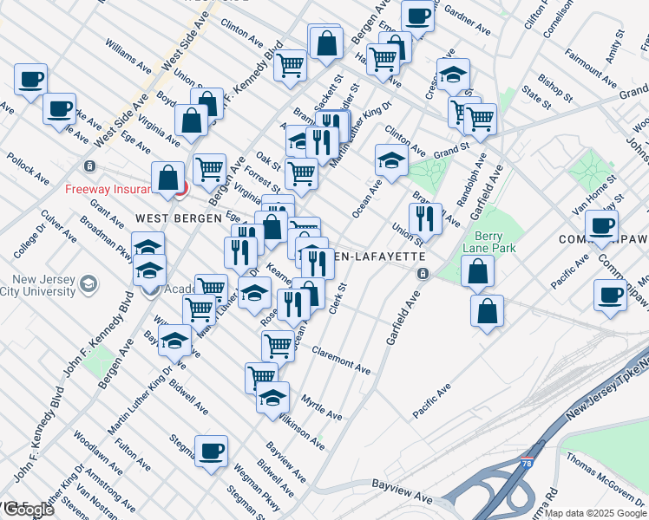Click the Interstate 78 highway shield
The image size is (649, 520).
click(x=528, y=464)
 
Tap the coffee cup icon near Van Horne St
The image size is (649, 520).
click(x=600, y=226)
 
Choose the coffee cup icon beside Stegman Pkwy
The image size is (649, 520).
click(x=211, y=451)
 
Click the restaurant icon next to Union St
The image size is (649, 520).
click(x=424, y=218)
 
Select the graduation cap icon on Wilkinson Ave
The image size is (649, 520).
click(x=272, y=398)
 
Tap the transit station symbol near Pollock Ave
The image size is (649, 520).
click(x=88, y=166)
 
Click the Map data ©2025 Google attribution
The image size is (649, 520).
click(x=595, y=513)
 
